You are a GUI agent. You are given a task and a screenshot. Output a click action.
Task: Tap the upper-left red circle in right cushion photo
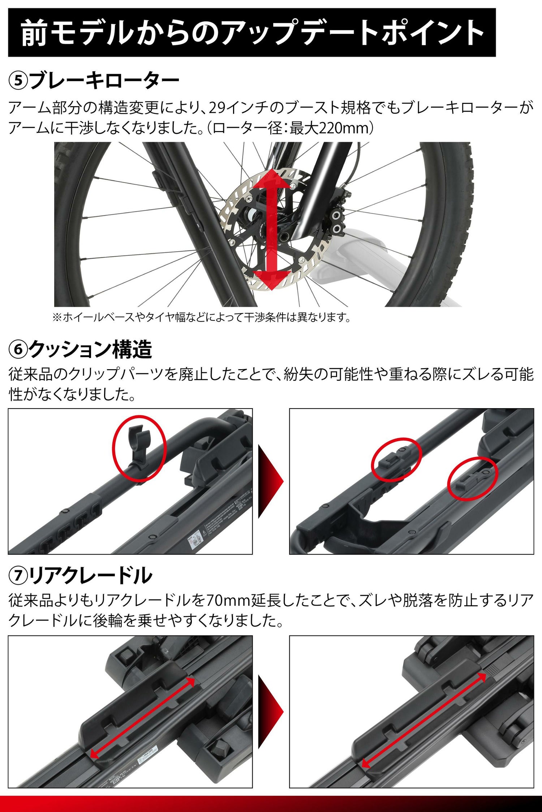click(396, 458)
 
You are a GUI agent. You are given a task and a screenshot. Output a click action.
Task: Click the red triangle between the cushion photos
click(271, 481)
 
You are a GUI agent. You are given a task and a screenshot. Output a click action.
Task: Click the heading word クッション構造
click(90, 349)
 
